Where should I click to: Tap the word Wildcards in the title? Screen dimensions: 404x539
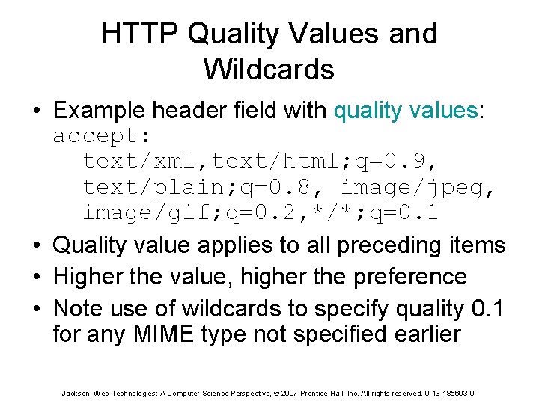[x=268, y=70]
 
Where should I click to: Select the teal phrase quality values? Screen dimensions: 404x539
[x=405, y=111]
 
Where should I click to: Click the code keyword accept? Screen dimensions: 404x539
[x=102, y=137]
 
